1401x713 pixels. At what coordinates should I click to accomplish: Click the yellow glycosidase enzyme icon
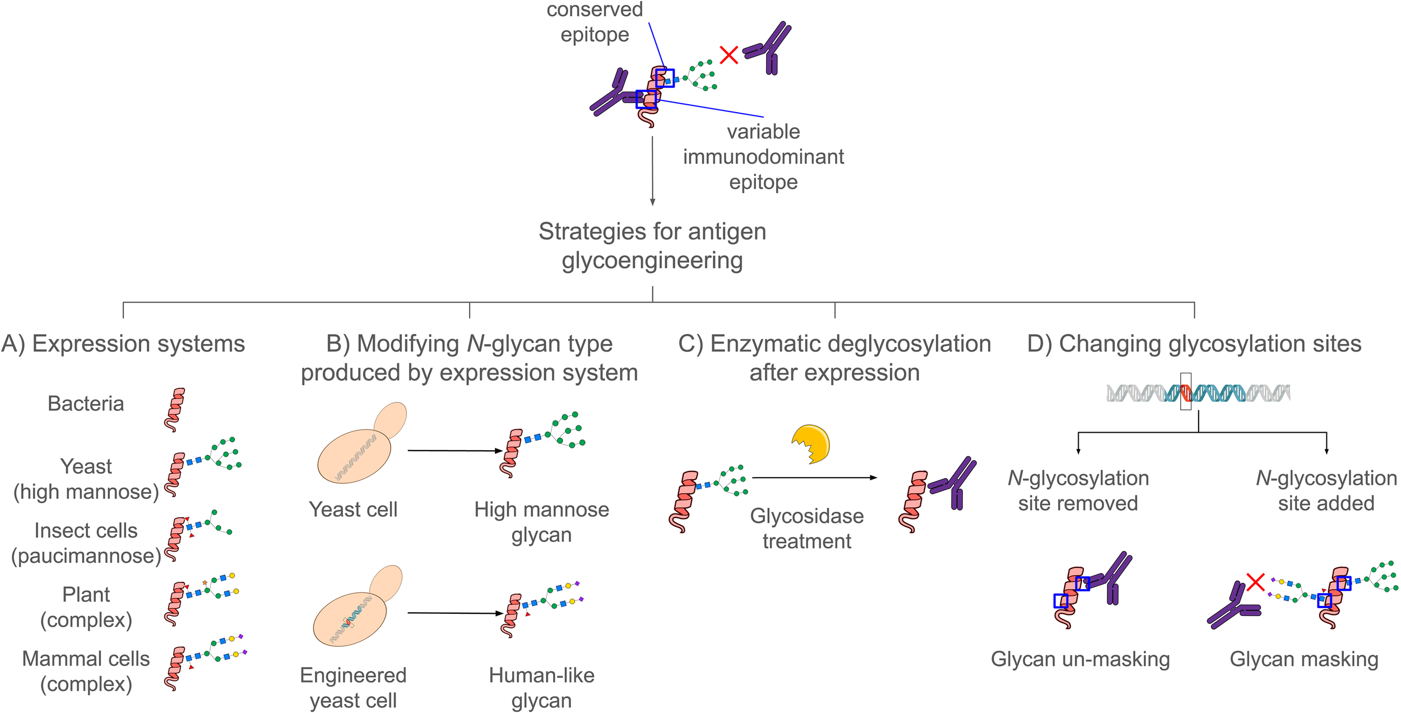(812, 444)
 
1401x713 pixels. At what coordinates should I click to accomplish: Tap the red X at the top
(729, 55)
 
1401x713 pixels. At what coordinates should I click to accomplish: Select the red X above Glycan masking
(1255, 582)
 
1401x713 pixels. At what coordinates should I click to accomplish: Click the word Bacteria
(86, 404)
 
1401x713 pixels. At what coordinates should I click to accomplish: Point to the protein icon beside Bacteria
(175, 410)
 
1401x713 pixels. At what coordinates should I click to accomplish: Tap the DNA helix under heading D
(1198, 393)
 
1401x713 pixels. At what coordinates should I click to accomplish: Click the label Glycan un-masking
(1080, 659)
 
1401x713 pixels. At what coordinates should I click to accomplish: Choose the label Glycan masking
(1303, 659)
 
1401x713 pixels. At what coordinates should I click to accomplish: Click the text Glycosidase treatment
(806, 529)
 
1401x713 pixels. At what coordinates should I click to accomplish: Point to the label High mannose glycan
(541, 522)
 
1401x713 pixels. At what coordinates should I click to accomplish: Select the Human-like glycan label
(541, 688)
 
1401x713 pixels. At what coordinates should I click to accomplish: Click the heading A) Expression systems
(123, 344)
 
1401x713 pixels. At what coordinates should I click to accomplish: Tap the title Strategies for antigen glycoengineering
(652, 246)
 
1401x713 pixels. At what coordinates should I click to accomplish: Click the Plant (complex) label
(86, 607)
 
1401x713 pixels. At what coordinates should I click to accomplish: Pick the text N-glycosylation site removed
(1078, 490)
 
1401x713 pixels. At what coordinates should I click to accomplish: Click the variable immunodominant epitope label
(763, 156)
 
